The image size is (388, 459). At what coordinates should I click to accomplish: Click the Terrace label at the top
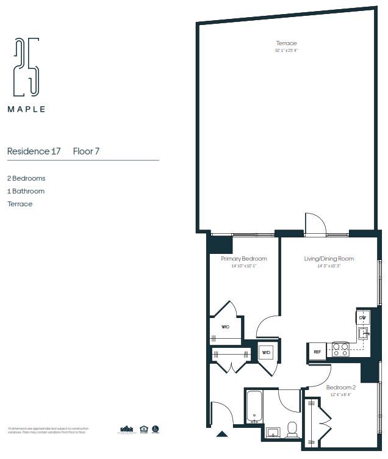[286, 43]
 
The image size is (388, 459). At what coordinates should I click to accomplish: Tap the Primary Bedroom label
[243, 259]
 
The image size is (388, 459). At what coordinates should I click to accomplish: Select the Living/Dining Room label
[329, 259]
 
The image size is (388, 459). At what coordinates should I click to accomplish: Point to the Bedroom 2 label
[340, 387]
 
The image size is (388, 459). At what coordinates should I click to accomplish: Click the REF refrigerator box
[317, 352]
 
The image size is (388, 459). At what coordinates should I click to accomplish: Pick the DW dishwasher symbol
[362, 317]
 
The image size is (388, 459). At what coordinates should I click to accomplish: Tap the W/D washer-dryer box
[266, 353]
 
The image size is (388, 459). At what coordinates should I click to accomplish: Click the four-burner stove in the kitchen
[340, 350]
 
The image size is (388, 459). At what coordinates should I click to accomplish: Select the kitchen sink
[363, 333]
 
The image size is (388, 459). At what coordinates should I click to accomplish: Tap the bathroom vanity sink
[272, 433]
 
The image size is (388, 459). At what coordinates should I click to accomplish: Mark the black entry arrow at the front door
[222, 435]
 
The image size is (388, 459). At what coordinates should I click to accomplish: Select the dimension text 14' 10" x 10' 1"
[243, 266]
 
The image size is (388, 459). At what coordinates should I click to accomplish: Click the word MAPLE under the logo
[26, 110]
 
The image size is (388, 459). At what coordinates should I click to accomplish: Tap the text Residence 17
[34, 151]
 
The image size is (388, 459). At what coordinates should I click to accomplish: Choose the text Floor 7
[86, 151]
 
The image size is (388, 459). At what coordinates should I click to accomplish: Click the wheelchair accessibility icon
[156, 429]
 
